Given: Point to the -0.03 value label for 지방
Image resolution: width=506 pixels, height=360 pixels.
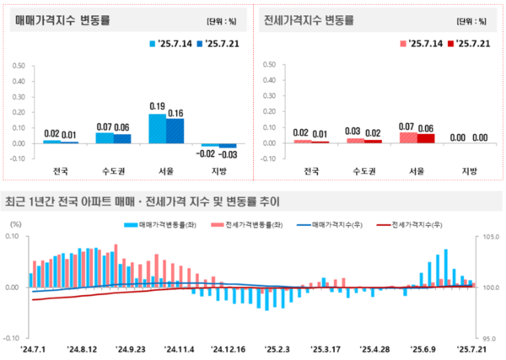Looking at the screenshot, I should [227, 153].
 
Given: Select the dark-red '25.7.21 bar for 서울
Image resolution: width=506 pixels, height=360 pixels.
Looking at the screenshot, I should [426, 138].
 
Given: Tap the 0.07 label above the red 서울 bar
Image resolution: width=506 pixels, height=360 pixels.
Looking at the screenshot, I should [408, 126].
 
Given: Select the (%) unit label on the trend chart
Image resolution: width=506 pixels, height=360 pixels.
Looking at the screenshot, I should [14, 223].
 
